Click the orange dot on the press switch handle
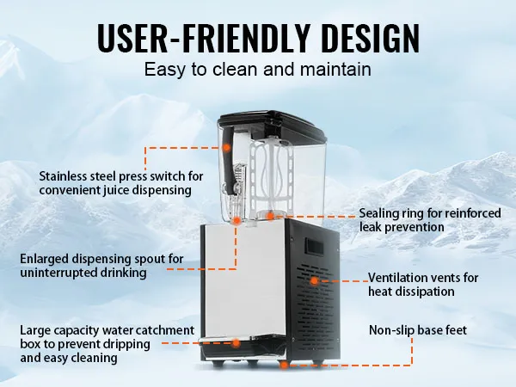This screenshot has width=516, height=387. pyautogui.click(x=226, y=148)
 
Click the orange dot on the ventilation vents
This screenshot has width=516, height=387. pyautogui.click(x=314, y=279)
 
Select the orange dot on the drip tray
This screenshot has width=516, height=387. pyautogui.click(x=236, y=342)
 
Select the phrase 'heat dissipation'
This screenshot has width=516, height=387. pyautogui.click(x=411, y=292)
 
